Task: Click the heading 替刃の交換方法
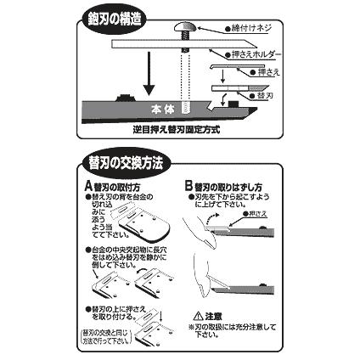coord(125,160)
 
